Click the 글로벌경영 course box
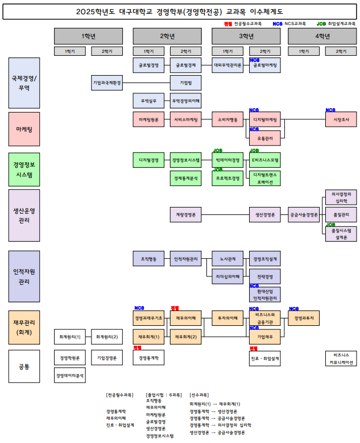[148, 65]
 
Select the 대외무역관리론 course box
[227, 65]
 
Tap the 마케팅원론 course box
[148, 121]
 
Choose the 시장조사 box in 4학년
[341, 121]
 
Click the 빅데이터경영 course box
[227, 160]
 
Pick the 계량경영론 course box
[185, 215]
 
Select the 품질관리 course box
[341, 215]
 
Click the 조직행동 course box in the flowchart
[148, 259]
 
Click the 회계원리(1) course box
[70, 337]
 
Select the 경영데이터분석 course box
[70, 375]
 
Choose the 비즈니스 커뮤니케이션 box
[341, 358]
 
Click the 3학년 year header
[247, 36]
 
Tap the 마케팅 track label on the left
[24, 129]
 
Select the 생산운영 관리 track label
[24, 216]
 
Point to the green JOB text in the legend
[321, 24]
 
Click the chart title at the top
[180, 11]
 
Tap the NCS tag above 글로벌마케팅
[254, 60]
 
